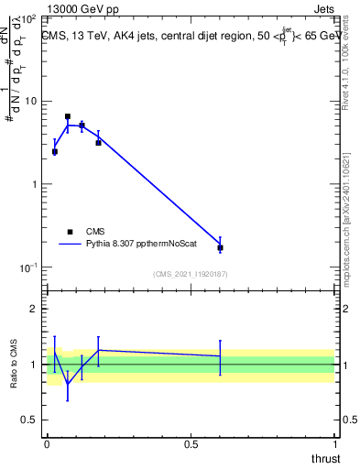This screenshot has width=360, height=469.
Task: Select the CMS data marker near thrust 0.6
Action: [x=220, y=247]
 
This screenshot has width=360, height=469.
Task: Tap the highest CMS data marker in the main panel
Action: [x=68, y=117]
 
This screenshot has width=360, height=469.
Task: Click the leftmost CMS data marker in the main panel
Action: [x=55, y=152]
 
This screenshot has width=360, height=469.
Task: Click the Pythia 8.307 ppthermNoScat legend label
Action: [x=137, y=245]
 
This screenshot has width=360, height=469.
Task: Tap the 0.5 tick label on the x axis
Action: [x=191, y=443]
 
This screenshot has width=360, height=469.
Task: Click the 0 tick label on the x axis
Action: [x=47, y=443]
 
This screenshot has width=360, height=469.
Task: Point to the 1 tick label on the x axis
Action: [x=334, y=443]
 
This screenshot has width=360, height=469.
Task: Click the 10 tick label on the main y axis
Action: [x=31, y=101]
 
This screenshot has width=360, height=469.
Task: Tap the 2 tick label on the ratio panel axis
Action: [x=35, y=309]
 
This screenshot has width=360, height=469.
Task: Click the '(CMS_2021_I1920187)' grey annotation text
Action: [x=190, y=273]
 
